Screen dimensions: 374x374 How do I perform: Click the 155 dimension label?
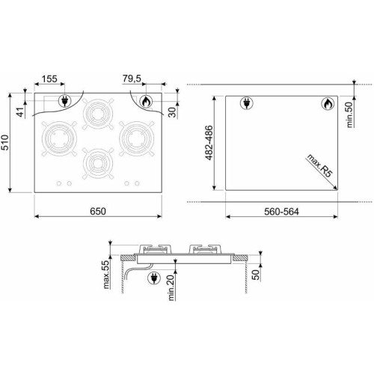(x=49, y=79)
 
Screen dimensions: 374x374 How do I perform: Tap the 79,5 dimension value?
(x=132, y=79)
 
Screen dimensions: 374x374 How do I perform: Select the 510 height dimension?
(x=5, y=143)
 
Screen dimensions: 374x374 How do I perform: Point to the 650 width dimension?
(x=98, y=211)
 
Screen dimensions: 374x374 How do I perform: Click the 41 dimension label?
(x=22, y=111)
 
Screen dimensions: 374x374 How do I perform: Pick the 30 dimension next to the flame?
(x=172, y=112)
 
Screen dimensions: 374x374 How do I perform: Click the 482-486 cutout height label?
(x=209, y=143)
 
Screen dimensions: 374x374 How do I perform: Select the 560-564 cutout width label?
(x=281, y=212)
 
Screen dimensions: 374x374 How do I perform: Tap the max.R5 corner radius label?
(x=319, y=165)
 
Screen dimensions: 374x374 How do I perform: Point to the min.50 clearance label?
(x=351, y=114)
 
